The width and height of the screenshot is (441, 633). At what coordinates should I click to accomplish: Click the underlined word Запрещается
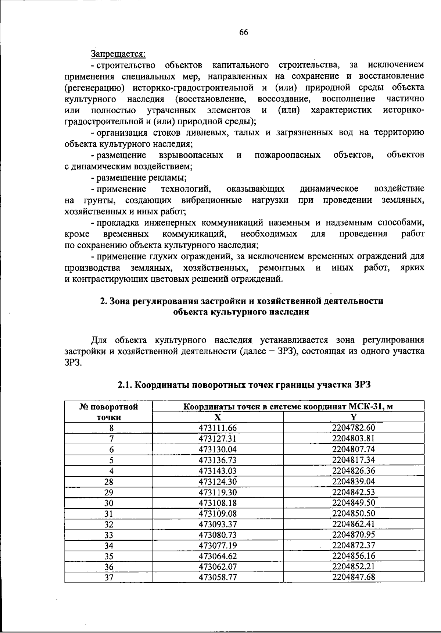click(x=118, y=54)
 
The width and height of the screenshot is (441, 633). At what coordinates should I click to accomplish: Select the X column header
click(x=218, y=417)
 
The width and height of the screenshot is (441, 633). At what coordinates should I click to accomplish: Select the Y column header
click(x=354, y=417)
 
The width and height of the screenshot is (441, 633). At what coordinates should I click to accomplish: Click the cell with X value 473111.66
click(x=218, y=428)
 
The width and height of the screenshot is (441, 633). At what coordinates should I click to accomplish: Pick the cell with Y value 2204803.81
click(x=354, y=438)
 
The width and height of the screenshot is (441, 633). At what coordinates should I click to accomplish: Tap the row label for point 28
click(x=109, y=482)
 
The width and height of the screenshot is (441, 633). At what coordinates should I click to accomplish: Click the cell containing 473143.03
click(x=218, y=471)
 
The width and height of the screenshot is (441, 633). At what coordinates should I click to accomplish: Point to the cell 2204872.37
click(x=354, y=545)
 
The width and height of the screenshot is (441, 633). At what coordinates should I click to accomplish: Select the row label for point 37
click(x=109, y=577)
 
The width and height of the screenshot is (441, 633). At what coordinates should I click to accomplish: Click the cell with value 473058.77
click(x=218, y=577)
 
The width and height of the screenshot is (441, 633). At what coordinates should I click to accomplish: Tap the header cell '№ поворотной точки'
click(x=109, y=412)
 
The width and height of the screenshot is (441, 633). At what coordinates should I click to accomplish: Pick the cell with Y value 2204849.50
click(x=354, y=503)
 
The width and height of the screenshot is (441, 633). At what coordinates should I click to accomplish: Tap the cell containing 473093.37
click(x=218, y=524)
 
